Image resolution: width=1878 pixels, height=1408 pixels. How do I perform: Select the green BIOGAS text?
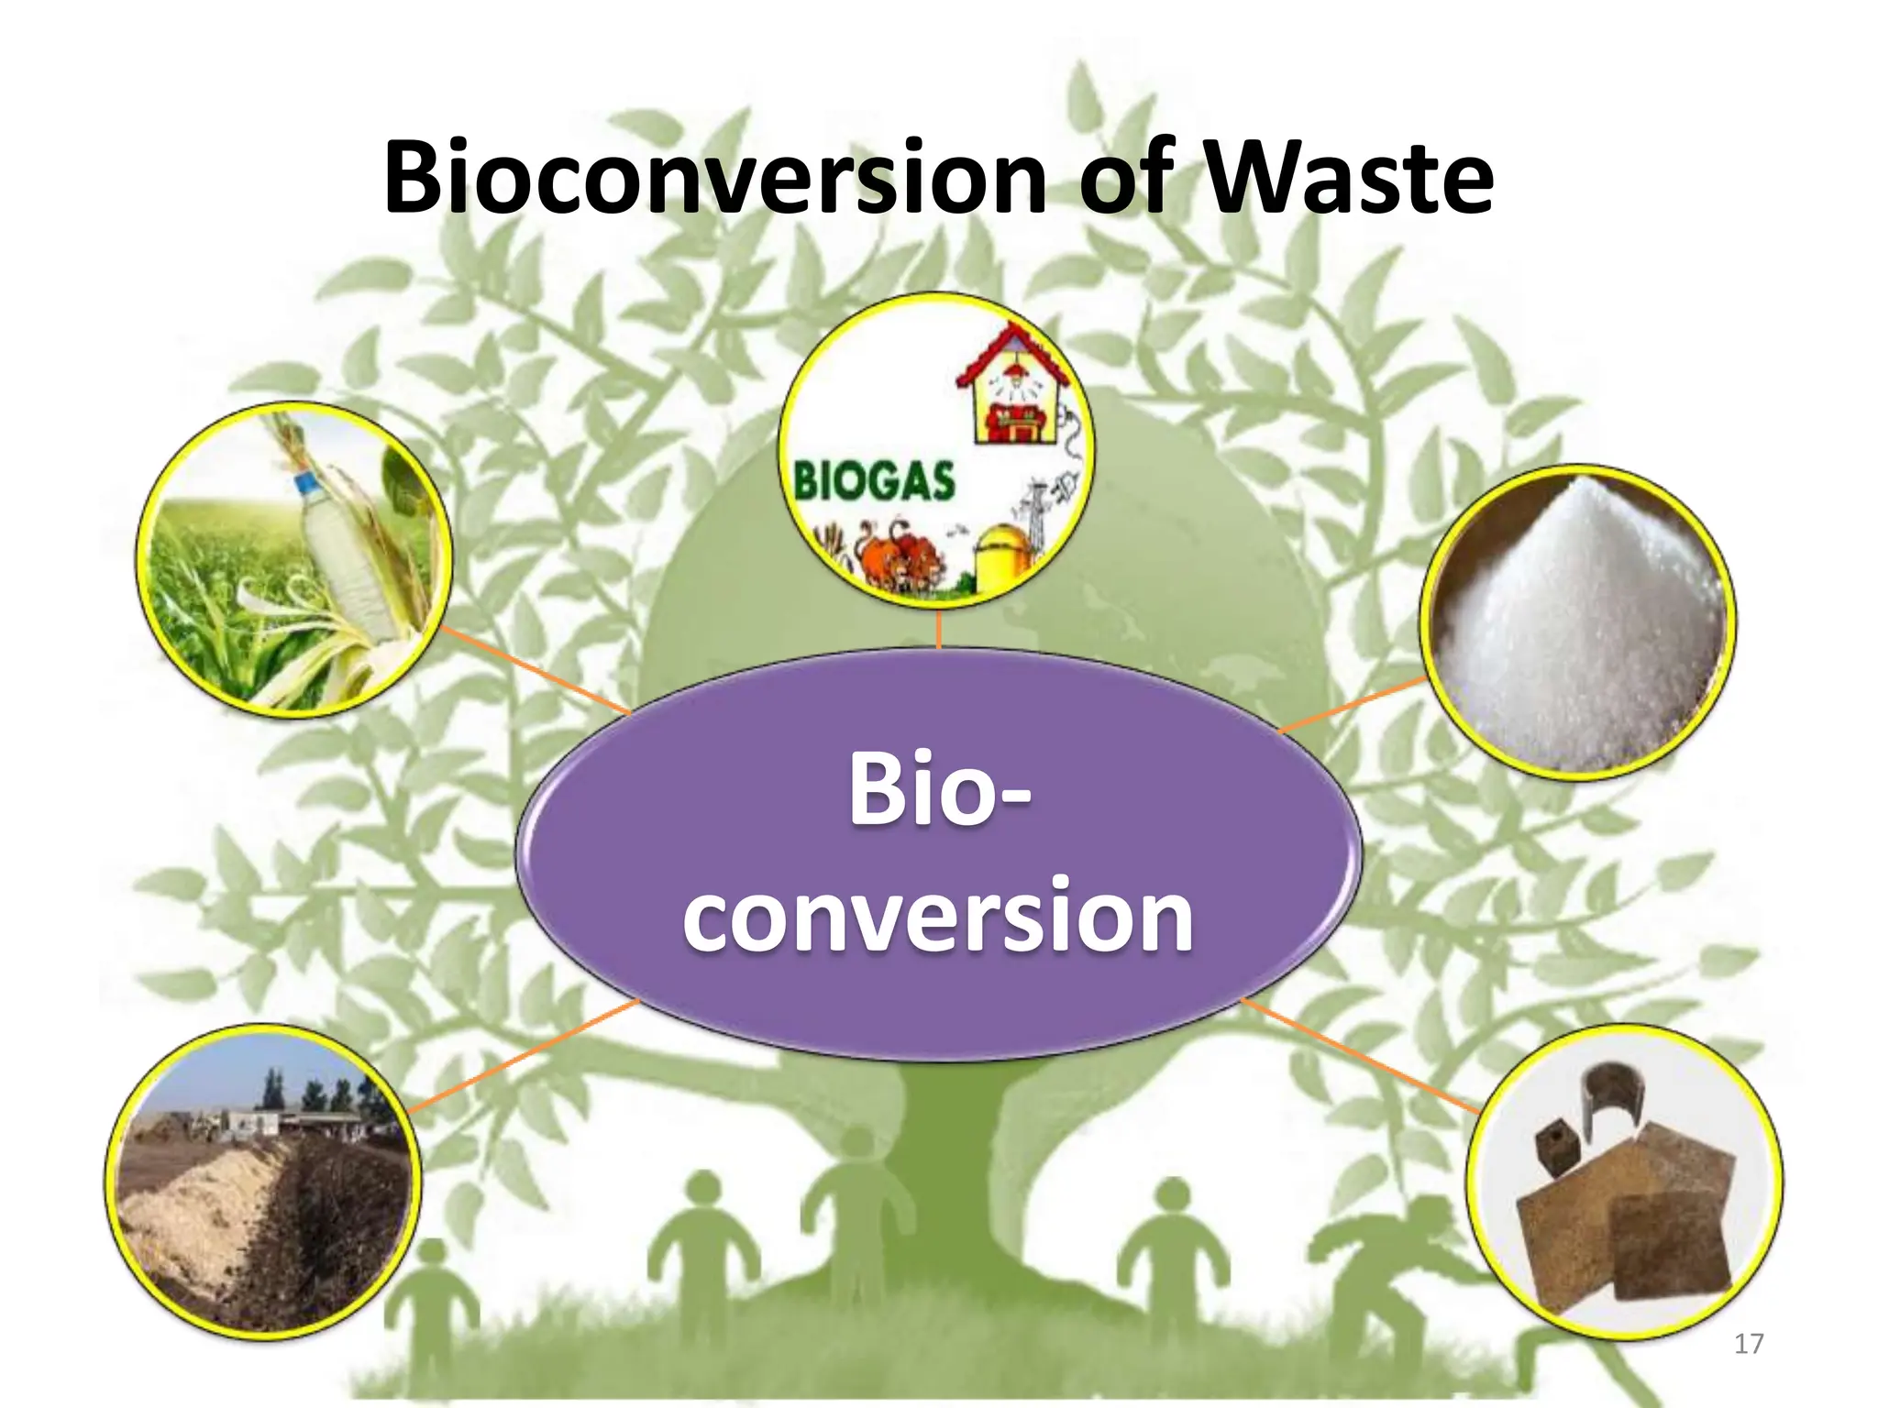[873, 481]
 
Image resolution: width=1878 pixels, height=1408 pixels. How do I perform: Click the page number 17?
[1749, 1344]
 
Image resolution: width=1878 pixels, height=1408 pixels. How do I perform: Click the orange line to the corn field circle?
[536, 671]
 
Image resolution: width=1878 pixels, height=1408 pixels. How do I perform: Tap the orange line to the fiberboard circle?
[1357, 1054]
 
